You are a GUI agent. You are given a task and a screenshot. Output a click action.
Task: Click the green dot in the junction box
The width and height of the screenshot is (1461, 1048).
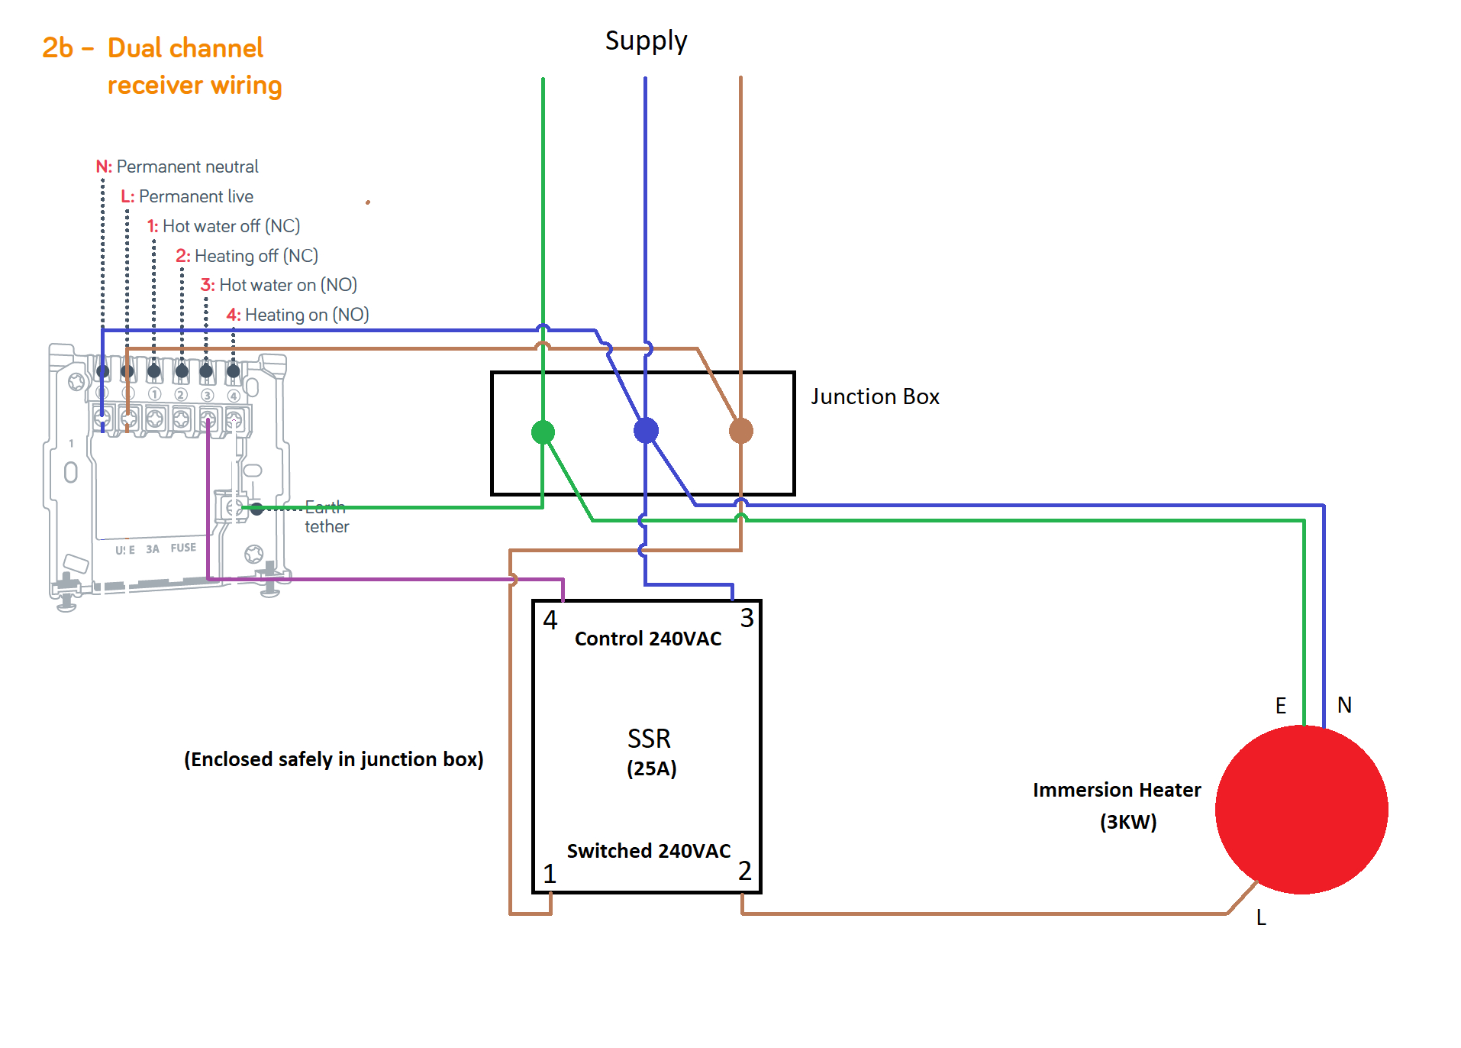click(x=543, y=432)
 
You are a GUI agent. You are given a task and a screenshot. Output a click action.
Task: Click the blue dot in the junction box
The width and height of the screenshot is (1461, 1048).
click(x=646, y=431)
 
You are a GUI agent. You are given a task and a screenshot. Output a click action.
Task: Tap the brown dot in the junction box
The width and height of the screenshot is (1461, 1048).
click(x=740, y=431)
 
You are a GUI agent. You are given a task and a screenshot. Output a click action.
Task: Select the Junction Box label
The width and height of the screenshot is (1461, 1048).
click(x=875, y=396)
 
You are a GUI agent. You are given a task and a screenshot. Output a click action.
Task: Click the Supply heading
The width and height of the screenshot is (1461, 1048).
click(x=646, y=40)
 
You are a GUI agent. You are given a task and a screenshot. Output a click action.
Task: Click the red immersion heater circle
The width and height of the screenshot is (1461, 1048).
click(x=1301, y=810)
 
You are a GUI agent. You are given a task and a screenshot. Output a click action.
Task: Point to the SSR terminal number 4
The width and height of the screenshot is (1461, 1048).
click(x=550, y=619)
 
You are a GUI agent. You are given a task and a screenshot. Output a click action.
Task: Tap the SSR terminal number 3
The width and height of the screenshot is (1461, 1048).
click(x=747, y=618)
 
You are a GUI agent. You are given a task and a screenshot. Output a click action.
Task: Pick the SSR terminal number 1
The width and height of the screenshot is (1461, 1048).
click(x=550, y=873)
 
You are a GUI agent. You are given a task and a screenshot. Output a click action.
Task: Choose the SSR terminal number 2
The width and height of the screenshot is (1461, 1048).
click(x=745, y=871)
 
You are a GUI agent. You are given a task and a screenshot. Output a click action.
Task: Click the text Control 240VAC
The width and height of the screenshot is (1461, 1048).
click(x=648, y=639)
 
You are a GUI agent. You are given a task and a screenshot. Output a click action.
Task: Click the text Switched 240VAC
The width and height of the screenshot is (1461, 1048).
click(x=649, y=851)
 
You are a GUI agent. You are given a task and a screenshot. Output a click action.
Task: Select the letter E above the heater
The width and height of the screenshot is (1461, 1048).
click(x=1281, y=706)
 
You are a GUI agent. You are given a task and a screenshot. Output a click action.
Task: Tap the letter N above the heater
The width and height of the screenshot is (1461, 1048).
click(x=1344, y=705)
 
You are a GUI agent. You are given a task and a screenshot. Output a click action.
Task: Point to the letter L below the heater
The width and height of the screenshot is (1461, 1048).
click(x=1261, y=917)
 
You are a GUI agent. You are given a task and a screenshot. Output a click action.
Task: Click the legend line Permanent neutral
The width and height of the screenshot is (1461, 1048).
click(x=178, y=167)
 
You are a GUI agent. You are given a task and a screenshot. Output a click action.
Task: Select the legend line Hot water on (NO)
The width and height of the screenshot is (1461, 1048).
click(x=279, y=285)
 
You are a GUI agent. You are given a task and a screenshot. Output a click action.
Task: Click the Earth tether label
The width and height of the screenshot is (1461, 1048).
click(x=326, y=517)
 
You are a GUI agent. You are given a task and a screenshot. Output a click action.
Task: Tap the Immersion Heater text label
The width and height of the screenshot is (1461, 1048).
click(x=1117, y=790)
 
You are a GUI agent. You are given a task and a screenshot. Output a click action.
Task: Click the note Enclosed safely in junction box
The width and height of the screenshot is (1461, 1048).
click(x=334, y=759)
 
